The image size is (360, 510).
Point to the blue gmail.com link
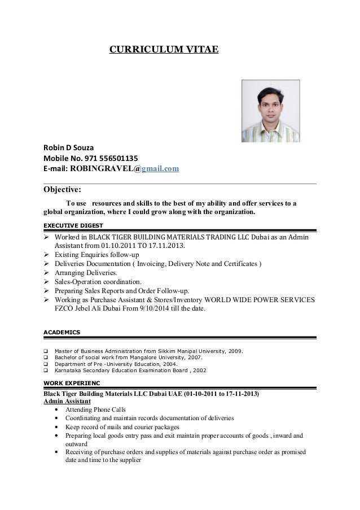point(160,168)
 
